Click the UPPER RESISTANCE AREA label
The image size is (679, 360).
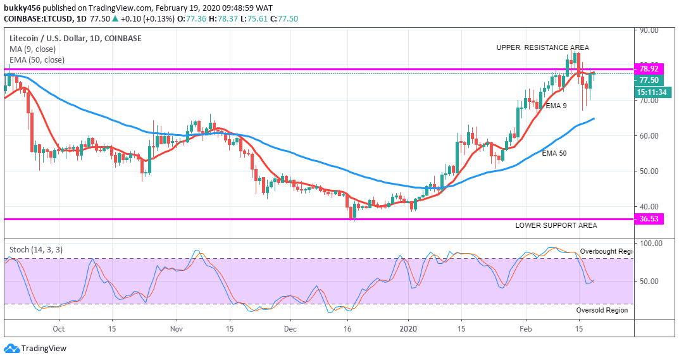click(x=542, y=47)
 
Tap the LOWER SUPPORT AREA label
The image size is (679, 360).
click(x=556, y=225)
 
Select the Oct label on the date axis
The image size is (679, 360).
click(x=58, y=329)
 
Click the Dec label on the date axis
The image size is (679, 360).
click(x=290, y=329)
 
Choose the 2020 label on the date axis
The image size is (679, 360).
click(x=409, y=329)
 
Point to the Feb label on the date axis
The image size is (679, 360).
click(x=525, y=329)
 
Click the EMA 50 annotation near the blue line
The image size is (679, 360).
click(x=554, y=153)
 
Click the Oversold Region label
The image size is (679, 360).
click(x=602, y=310)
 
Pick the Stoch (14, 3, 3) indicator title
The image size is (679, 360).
click(x=35, y=250)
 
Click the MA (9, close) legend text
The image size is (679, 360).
click(x=32, y=49)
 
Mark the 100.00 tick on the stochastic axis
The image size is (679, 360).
click(x=651, y=243)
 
